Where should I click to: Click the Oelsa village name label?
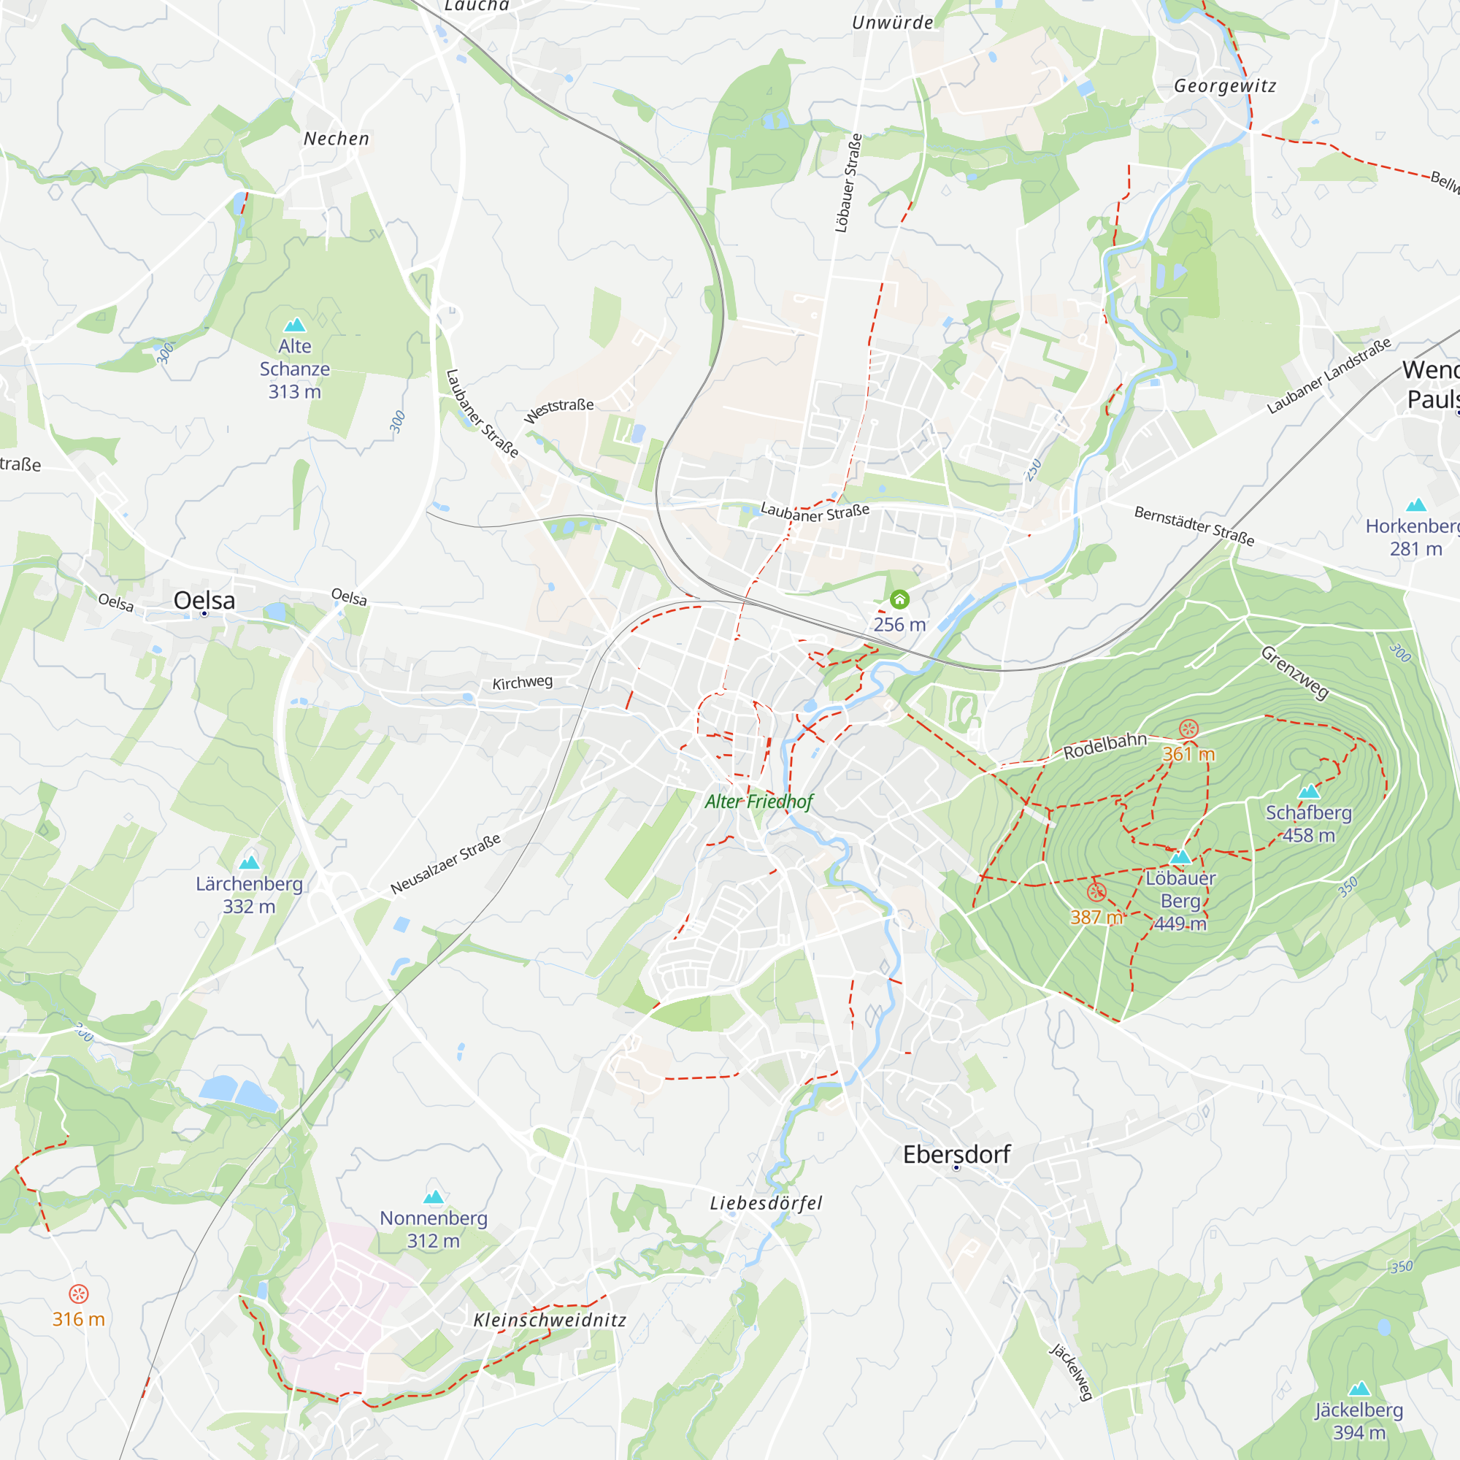pyautogui.click(x=204, y=601)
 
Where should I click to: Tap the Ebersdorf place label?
pyautogui.click(x=957, y=1155)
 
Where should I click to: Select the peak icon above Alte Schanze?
pyautogui.click(x=295, y=325)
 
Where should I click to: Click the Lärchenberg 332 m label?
pyautogui.click(x=250, y=895)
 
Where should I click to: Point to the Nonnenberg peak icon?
pyautogui.click(x=434, y=1197)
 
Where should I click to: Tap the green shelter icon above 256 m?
pyautogui.click(x=899, y=600)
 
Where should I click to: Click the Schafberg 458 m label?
pyautogui.click(x=1308, y=823)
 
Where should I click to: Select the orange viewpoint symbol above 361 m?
pyautogui.click(x=1188, y=729)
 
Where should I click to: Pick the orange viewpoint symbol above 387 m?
pyautogui.click(x=1096, y=893)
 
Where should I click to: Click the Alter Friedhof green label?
pyautogui.click(x=758, y=802)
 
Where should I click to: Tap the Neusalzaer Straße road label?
pyautogui.click(x=446, y=864)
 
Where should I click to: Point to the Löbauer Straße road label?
pyautogui.click(x=849, y=183)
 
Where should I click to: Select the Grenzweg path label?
pyautogui.click(x=1294, y=673)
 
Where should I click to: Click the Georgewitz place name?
pyautogui.click(x=1225, y=86)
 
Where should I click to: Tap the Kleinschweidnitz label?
pyautogui.click(x=550, y=1320)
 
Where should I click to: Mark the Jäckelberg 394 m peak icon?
pyautogui.click(x=1359, y=1389)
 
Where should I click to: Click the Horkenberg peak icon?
pyautogui.click(x=1416, y=505)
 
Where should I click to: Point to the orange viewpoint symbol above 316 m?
pyautogui.click(x=79, y=1294)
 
